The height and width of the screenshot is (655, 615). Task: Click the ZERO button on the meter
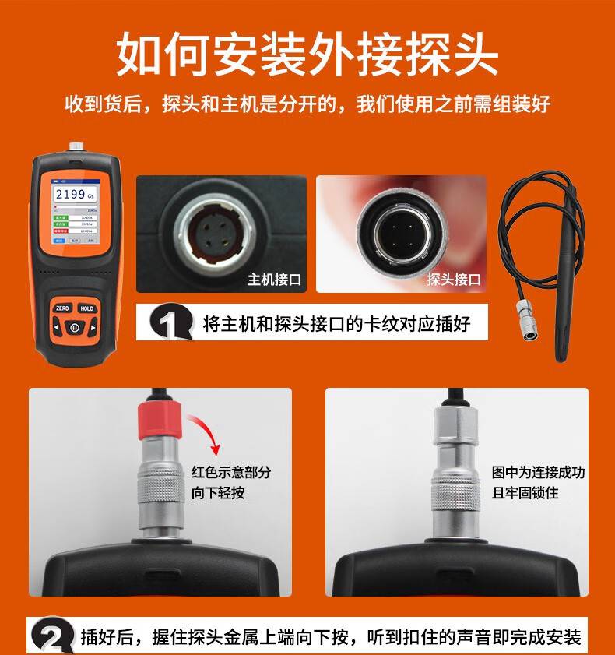click(61, 308)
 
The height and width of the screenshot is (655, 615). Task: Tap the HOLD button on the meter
click(86, 308)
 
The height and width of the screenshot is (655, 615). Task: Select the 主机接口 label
click(274, 279)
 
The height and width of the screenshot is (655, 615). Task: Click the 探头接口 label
click(454, 279)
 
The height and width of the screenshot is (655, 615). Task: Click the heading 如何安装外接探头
click(307, 53)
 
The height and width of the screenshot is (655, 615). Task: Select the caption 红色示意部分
click(231, 473)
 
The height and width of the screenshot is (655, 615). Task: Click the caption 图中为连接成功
click(538, 473)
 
